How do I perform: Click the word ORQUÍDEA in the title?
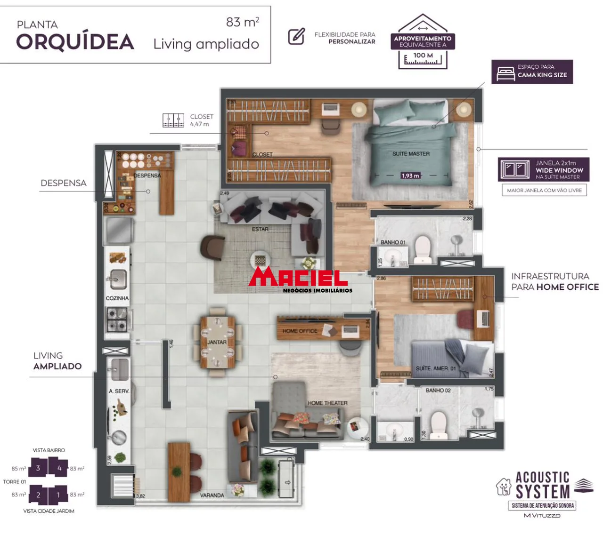pos(75,42)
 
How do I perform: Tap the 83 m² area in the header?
pos(242,22)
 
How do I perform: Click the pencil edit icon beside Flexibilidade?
pos(296,36)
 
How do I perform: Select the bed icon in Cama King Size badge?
pos(505,73)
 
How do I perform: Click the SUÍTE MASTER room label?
pos(411,154)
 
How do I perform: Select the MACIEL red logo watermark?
pos(299,279)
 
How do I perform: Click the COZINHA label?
pos(117,298)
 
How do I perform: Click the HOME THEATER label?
pos(327,403)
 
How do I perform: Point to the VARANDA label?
pos(212,495)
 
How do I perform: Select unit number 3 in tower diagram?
pos(38,468)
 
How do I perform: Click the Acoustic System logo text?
pos(542,485)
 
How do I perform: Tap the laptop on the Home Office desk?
pos(350,330)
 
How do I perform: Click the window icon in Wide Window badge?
pos(514,169)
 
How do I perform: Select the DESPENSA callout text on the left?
pos(64,183)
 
